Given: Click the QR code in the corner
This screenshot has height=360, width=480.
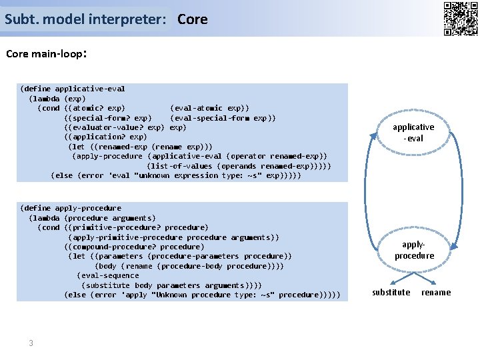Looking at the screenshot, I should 460,18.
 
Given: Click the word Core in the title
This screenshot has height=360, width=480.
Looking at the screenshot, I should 193,19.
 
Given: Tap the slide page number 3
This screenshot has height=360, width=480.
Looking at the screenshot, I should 31,343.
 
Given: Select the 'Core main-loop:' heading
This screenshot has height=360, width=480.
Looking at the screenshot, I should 46,54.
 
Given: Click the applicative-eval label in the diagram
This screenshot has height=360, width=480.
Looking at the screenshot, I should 413,132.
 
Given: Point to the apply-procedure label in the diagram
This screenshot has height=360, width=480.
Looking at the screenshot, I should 414,250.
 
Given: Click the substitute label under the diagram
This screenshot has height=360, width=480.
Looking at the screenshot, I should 391,292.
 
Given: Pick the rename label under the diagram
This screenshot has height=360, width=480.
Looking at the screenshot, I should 436,292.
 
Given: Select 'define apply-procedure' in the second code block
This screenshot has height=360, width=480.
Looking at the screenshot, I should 73,208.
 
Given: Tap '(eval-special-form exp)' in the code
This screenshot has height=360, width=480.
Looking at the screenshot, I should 223,118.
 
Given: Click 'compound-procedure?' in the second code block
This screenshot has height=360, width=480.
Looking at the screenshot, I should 114,247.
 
